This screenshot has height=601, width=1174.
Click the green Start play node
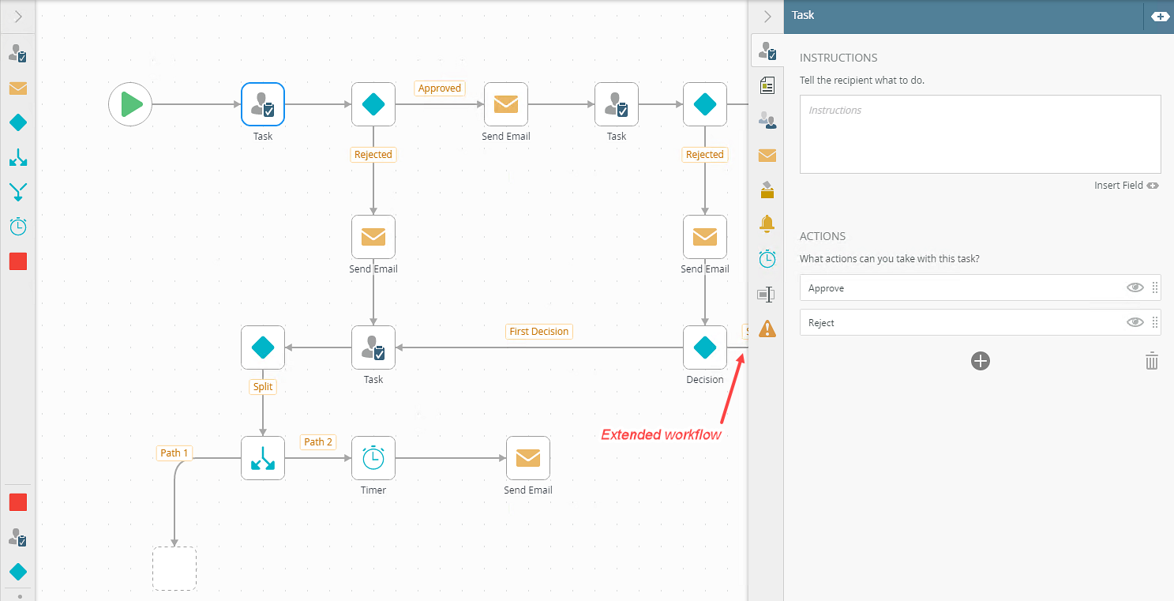click(x=130, y=103)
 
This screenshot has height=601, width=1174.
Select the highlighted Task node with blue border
click(x=263, y=103)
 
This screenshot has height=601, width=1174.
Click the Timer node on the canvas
click(x=373, y=458)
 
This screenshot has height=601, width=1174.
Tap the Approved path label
click(x=439, y=88)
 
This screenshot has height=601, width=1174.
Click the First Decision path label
click(x=538, y=332)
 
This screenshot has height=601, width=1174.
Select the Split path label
click(x=263, y=386)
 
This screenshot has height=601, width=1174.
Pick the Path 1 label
click(x=174, y=453)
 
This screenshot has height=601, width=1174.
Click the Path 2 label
click(x=318, y=441)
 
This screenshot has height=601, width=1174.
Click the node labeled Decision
click(x=704, y=347)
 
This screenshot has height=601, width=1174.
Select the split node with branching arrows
click(x=263, y=458)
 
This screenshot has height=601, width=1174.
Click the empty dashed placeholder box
click(x=174, y=569)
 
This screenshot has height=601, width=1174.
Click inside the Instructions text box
click(x=980, y=134)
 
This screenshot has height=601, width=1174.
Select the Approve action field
click(x=962, y=288)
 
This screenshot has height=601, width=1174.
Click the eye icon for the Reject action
click(x=1135, y=322)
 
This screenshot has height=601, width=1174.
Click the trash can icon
click(x=1151, y=361)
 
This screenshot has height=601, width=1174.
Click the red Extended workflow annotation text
click(x=661, y=434)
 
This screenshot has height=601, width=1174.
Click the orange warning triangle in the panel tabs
click(x=767, y=329)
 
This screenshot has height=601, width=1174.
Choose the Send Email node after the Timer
click(x=527, y=458)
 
